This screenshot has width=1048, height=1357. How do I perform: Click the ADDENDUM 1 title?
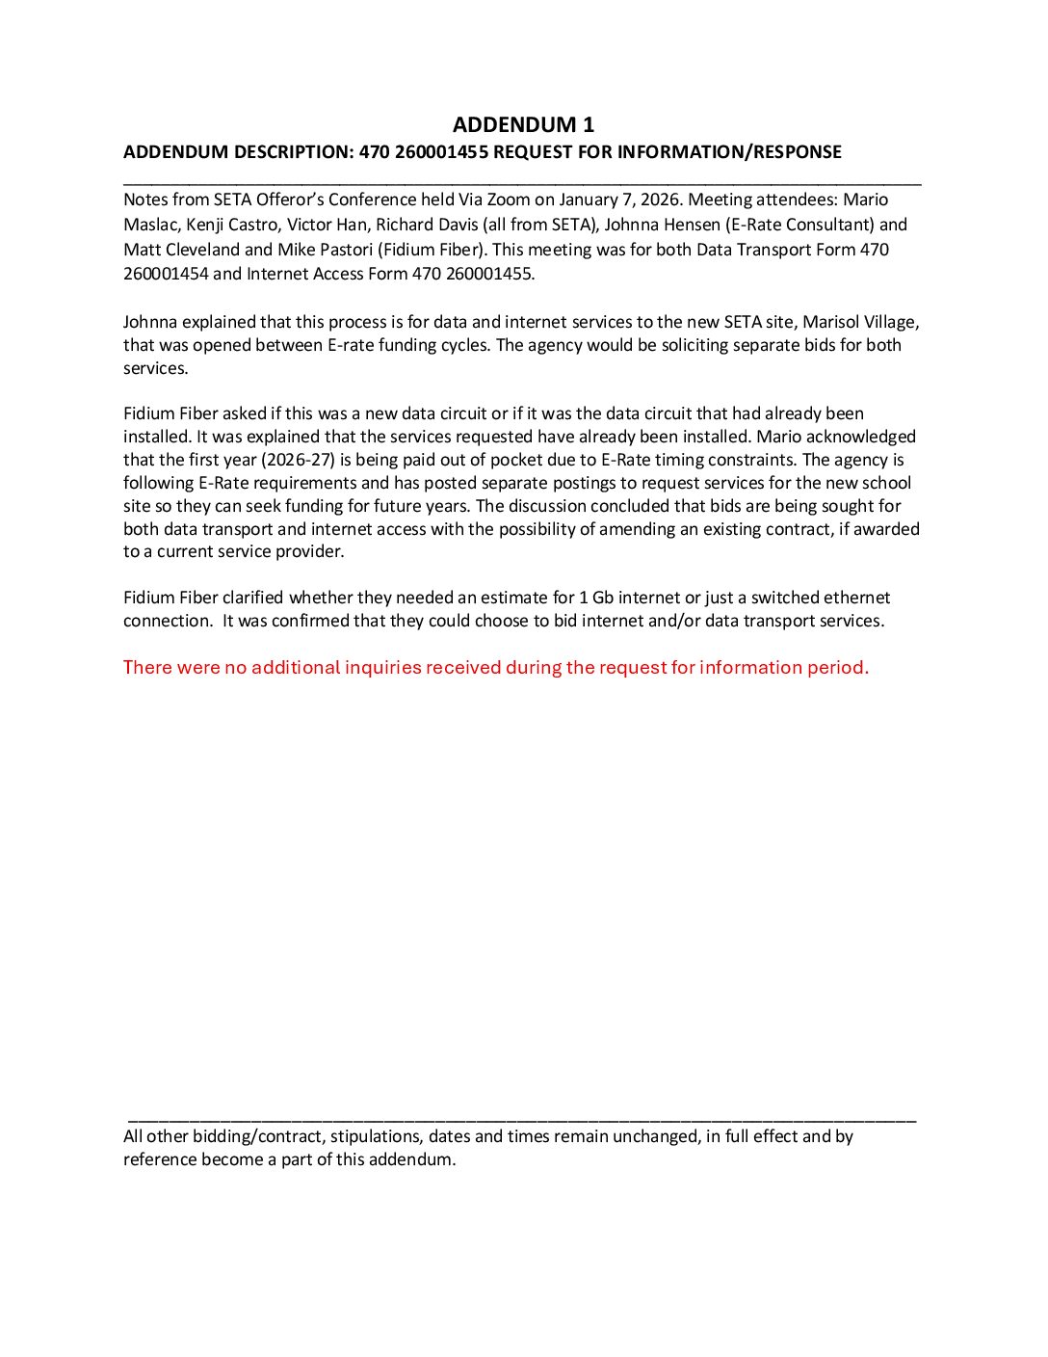coord(523,125)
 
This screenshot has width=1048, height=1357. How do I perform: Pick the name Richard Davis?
coord(417,226)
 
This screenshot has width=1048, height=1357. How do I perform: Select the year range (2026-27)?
coord(298,461)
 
